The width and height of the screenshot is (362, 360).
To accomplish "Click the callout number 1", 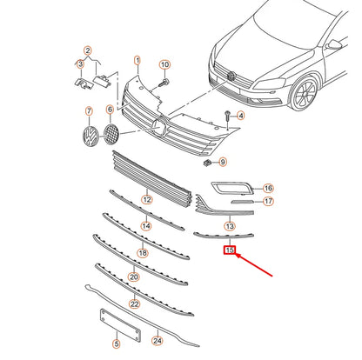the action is point(137,61).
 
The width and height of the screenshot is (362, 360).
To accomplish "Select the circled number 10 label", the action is point(164,64).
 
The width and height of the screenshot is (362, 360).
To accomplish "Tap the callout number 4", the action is point(240,116).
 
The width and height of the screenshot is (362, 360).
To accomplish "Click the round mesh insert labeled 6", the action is point(111,134).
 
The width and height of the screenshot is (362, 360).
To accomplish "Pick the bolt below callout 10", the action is point(164,83).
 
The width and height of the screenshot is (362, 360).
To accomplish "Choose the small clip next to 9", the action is point(207,163).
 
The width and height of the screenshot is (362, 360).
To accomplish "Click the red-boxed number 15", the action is point(230,250).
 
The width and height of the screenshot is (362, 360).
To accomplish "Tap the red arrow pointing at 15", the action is point(254,265).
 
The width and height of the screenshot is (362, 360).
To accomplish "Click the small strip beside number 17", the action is point(242,202).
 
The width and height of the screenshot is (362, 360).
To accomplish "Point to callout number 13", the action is point(230,226).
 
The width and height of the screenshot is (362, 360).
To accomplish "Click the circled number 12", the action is point(147,199).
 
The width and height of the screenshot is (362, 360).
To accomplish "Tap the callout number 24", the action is point(158,341).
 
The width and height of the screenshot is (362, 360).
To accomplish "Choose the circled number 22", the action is point(135,303).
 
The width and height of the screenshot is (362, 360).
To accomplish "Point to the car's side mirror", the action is point(334,45).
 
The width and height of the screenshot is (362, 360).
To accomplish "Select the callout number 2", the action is point(88,50).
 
